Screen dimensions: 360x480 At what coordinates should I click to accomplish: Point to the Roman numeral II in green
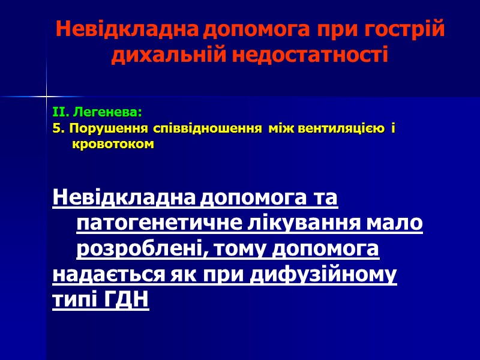click(x=59, y=112)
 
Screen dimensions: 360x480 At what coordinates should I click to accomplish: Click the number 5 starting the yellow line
click(x=56, y=128)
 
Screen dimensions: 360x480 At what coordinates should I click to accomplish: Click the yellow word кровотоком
click(x=113, y=145)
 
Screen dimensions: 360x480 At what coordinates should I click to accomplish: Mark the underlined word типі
click(x=70, y=299)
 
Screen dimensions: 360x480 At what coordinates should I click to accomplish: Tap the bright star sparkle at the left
click(x=46, y=95)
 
